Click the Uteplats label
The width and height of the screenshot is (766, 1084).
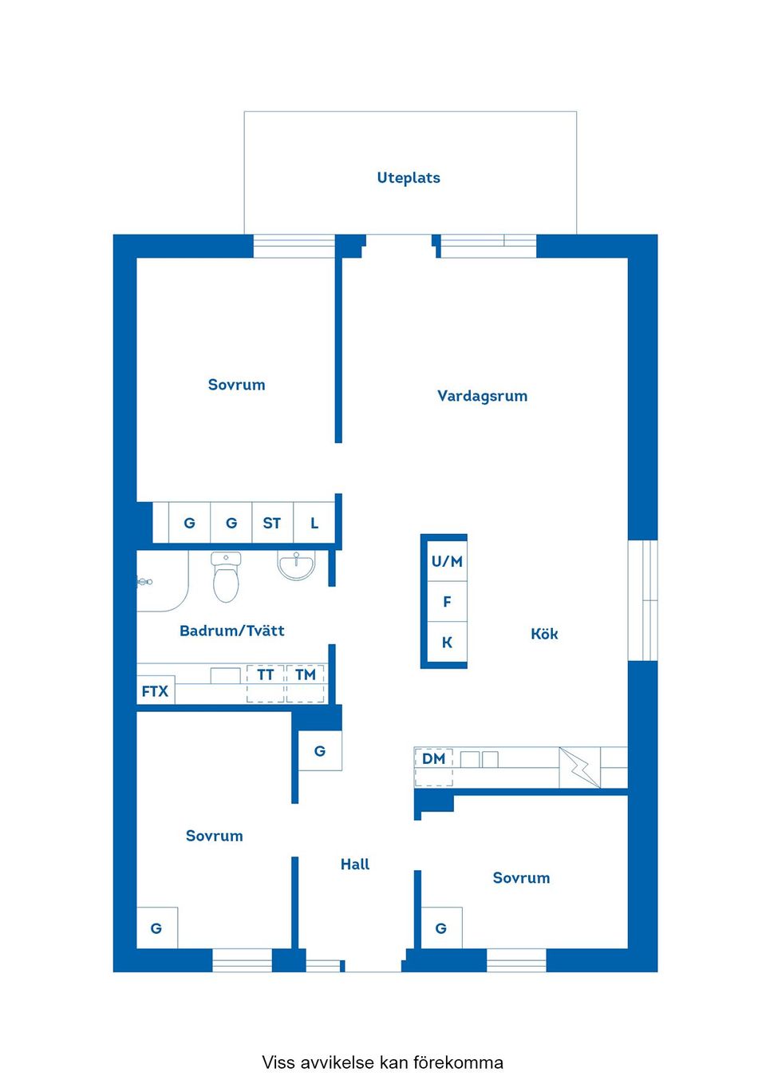pyautogui.click(x=409, y=178)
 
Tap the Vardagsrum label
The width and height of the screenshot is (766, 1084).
pyautogui.click(x=482, y=396)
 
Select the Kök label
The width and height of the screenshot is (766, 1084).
pyautogui.click(x=544, y=634)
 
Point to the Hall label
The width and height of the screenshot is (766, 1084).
pyautogui.click(x=355, y=864)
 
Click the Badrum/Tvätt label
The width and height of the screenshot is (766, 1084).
pyautogui.click(x=232, y=631)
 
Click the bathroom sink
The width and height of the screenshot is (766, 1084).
pyautogui.click(x=297, y=564)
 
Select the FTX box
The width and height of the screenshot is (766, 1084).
pyautogui.click(x=155, y=691)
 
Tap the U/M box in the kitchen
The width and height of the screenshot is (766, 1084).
pyautogui.click(x=447, y=562)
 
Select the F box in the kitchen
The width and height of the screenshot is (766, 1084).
pyautogui.click(x=447, y=602)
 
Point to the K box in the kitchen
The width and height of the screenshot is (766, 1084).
pyautogui.click(x=447, y=643)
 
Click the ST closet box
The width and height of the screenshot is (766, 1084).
pyautogui.click(x=272, y=524)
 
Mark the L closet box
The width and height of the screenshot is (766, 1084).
pyautogui.click(x=314, y=524)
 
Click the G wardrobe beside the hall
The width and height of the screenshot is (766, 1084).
pyautogui.click(x=320, y=751)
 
